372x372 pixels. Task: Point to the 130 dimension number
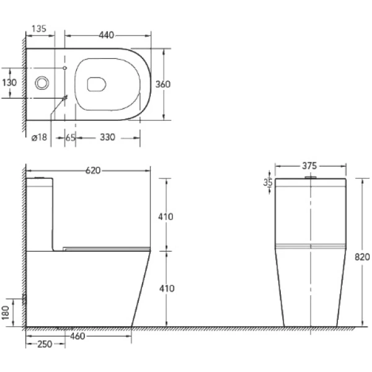(x=9, y=82)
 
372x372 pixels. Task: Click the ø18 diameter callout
(x=40, y=138)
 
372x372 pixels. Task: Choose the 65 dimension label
(x=70, y=138)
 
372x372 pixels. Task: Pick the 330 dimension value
(x=107, y=138)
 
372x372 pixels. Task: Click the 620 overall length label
(x=93, y=170)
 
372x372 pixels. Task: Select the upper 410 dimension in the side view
(x=166, y=216)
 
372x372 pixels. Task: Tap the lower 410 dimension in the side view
(x=166, y=288)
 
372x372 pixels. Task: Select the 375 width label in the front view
(x=309, y=166)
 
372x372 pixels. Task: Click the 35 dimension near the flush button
(x=268, y=182)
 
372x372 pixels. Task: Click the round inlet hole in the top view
(x=43, y=82)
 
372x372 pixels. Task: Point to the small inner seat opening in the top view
(x=97, y=84)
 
